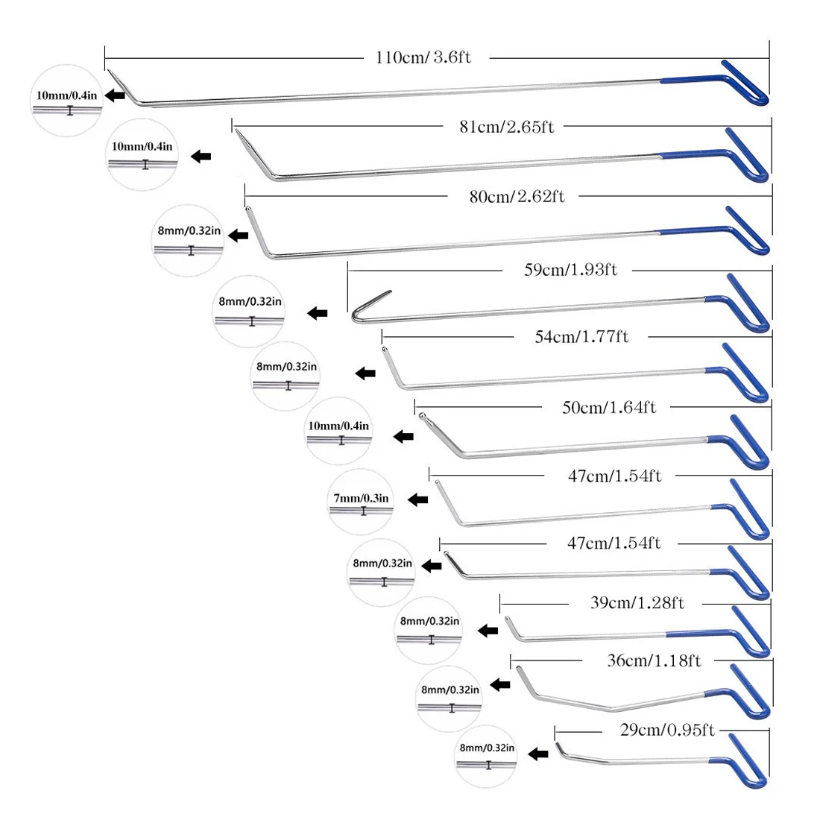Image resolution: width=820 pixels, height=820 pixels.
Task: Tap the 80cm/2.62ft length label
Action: [x=517, y=196]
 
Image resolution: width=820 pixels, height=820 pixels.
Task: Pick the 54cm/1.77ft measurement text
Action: [x=581, y=336]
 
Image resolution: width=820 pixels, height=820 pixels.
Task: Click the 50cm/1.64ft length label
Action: [x=608, y=407]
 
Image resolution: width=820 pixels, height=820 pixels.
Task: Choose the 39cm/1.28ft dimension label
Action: [x=637, y=602]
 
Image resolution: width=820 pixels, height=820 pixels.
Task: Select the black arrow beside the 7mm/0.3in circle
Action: [x=417, y=499]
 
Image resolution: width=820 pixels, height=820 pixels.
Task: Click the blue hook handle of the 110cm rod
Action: [x=745, y=83]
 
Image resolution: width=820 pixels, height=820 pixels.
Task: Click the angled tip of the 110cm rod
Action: [x=119, y=83]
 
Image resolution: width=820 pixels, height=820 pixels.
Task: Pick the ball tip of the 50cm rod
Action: [x=423, y=415]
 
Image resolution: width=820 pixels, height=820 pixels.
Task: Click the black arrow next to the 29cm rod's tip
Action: [x=537, y=754]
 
